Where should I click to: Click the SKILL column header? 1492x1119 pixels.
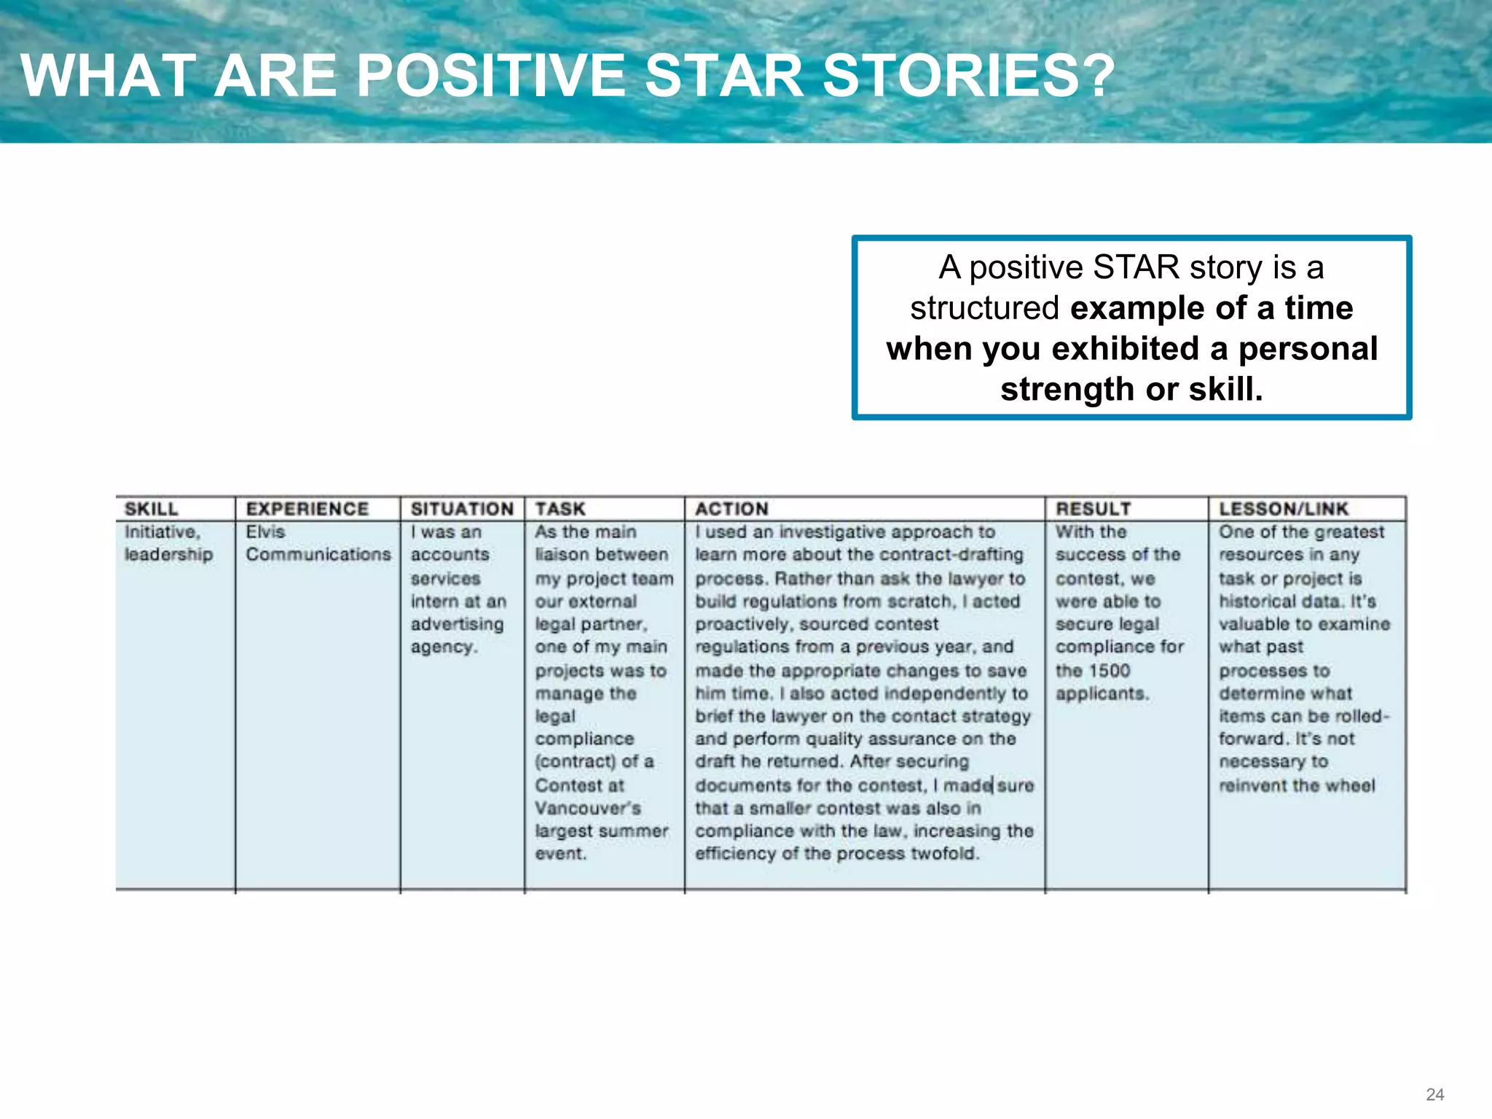point(152,509)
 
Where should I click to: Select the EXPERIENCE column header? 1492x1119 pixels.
point(307,509)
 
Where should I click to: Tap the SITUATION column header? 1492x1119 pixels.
point(462,509)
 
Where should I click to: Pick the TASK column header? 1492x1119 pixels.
point(560,509)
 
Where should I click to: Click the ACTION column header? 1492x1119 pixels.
point(731,509)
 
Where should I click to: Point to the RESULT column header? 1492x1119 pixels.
point(1094,509)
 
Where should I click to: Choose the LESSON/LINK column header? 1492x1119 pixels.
point(1284,509)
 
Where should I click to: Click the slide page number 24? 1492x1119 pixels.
point(1435,1094)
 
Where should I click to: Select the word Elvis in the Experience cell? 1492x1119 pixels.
point(265,532)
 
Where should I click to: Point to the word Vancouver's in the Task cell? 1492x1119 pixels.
point(588,808)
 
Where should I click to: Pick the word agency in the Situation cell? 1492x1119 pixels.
point(443,647)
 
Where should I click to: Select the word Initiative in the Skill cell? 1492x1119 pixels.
point(161,532)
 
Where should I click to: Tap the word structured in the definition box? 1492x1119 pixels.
point(984,308)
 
